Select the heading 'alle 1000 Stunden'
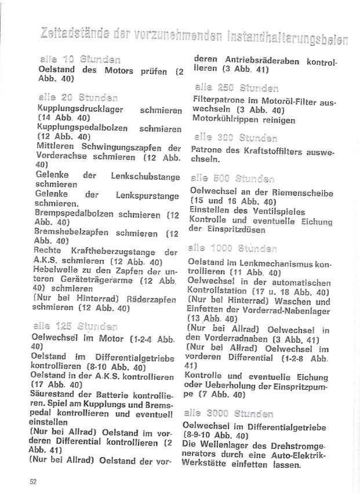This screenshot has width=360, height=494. coord(235,248)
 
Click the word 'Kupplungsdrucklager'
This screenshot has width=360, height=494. coord(73,108)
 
